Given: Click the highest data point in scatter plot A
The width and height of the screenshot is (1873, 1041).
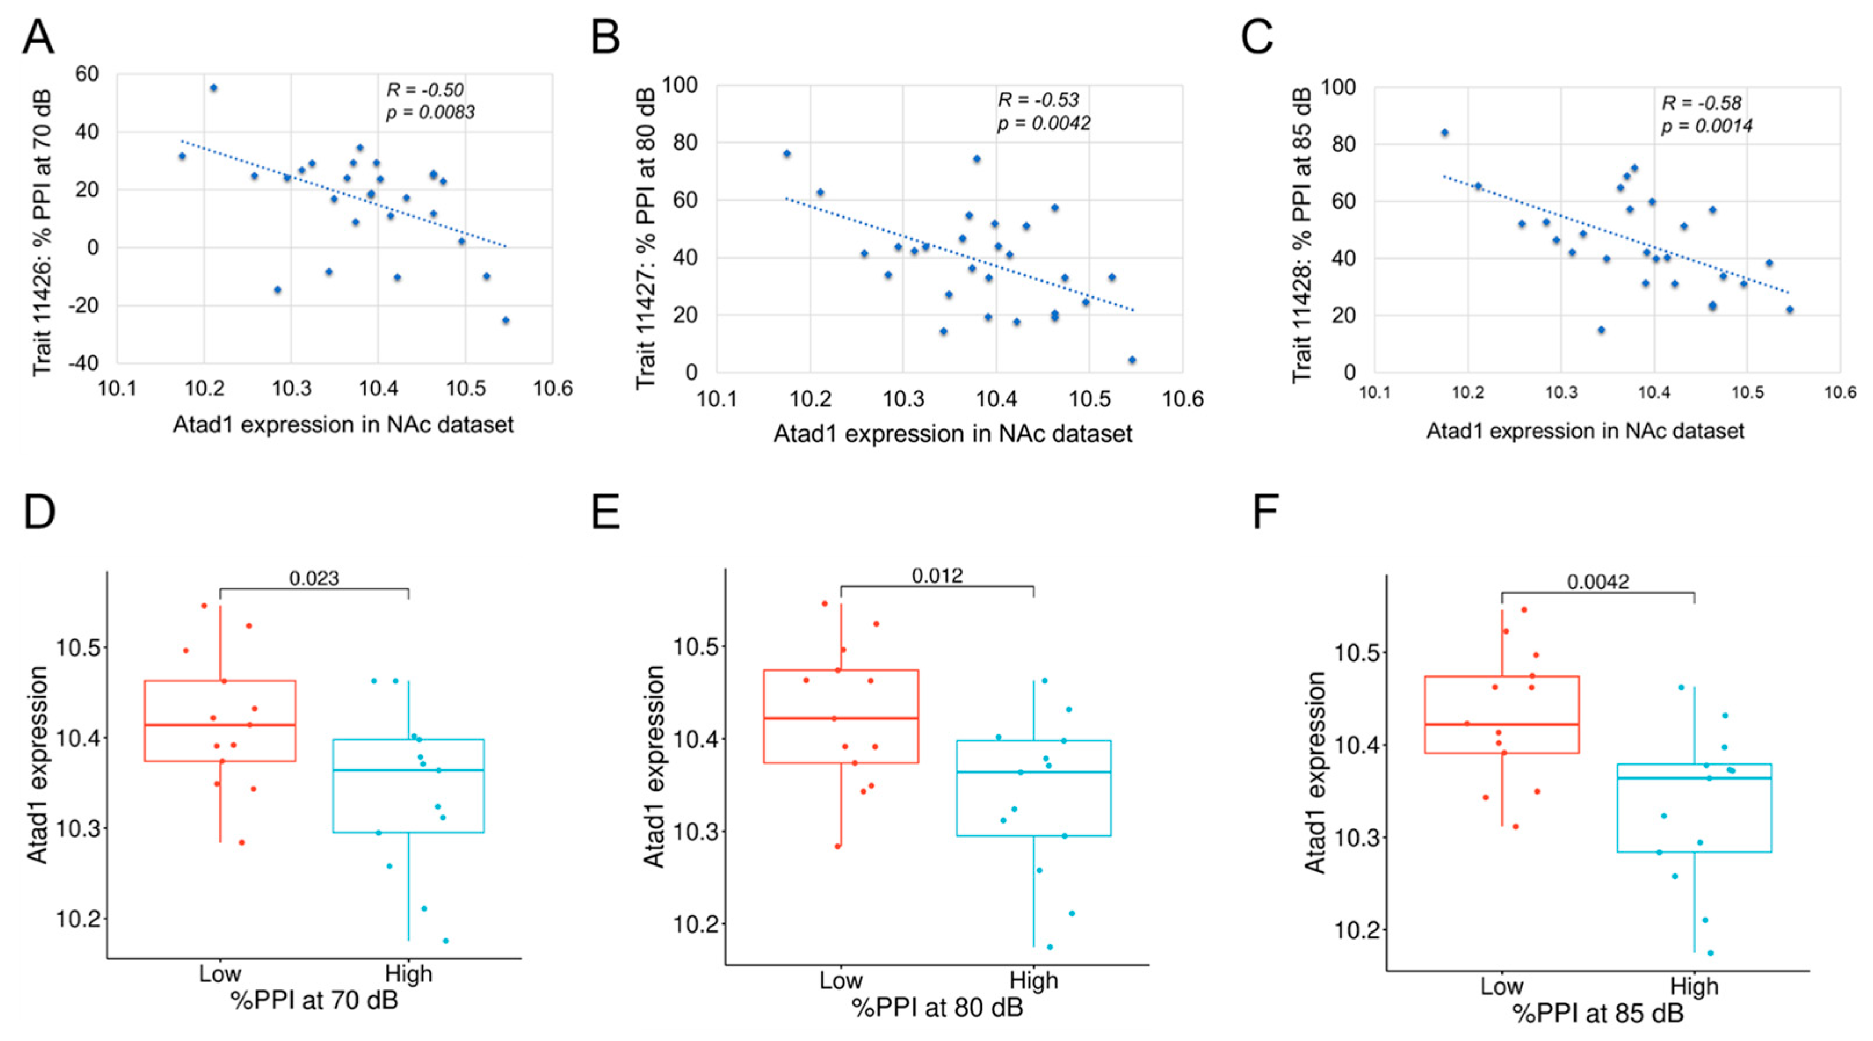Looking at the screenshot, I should [214, 88].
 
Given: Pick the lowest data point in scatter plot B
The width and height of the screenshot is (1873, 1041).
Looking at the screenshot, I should [1131, 360].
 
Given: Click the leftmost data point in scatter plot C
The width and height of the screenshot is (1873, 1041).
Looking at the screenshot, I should [1444, 132].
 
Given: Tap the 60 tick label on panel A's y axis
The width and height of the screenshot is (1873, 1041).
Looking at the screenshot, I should [86, 74].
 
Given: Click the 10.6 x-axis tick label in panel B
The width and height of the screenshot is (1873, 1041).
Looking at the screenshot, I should [1182, 399].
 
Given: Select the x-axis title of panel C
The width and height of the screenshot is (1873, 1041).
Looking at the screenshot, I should [1585, 431].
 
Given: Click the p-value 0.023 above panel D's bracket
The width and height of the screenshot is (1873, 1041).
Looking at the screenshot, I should [314, 578].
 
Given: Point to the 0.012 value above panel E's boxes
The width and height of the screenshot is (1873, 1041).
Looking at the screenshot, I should [937, 576].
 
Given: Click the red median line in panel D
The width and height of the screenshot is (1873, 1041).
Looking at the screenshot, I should [220, 725].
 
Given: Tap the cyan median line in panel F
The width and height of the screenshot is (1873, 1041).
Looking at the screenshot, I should [1694, 778].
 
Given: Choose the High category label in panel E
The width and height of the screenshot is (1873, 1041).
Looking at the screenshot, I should [1033, 981].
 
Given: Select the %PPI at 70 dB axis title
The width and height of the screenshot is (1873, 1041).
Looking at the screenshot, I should [314, 1000].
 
